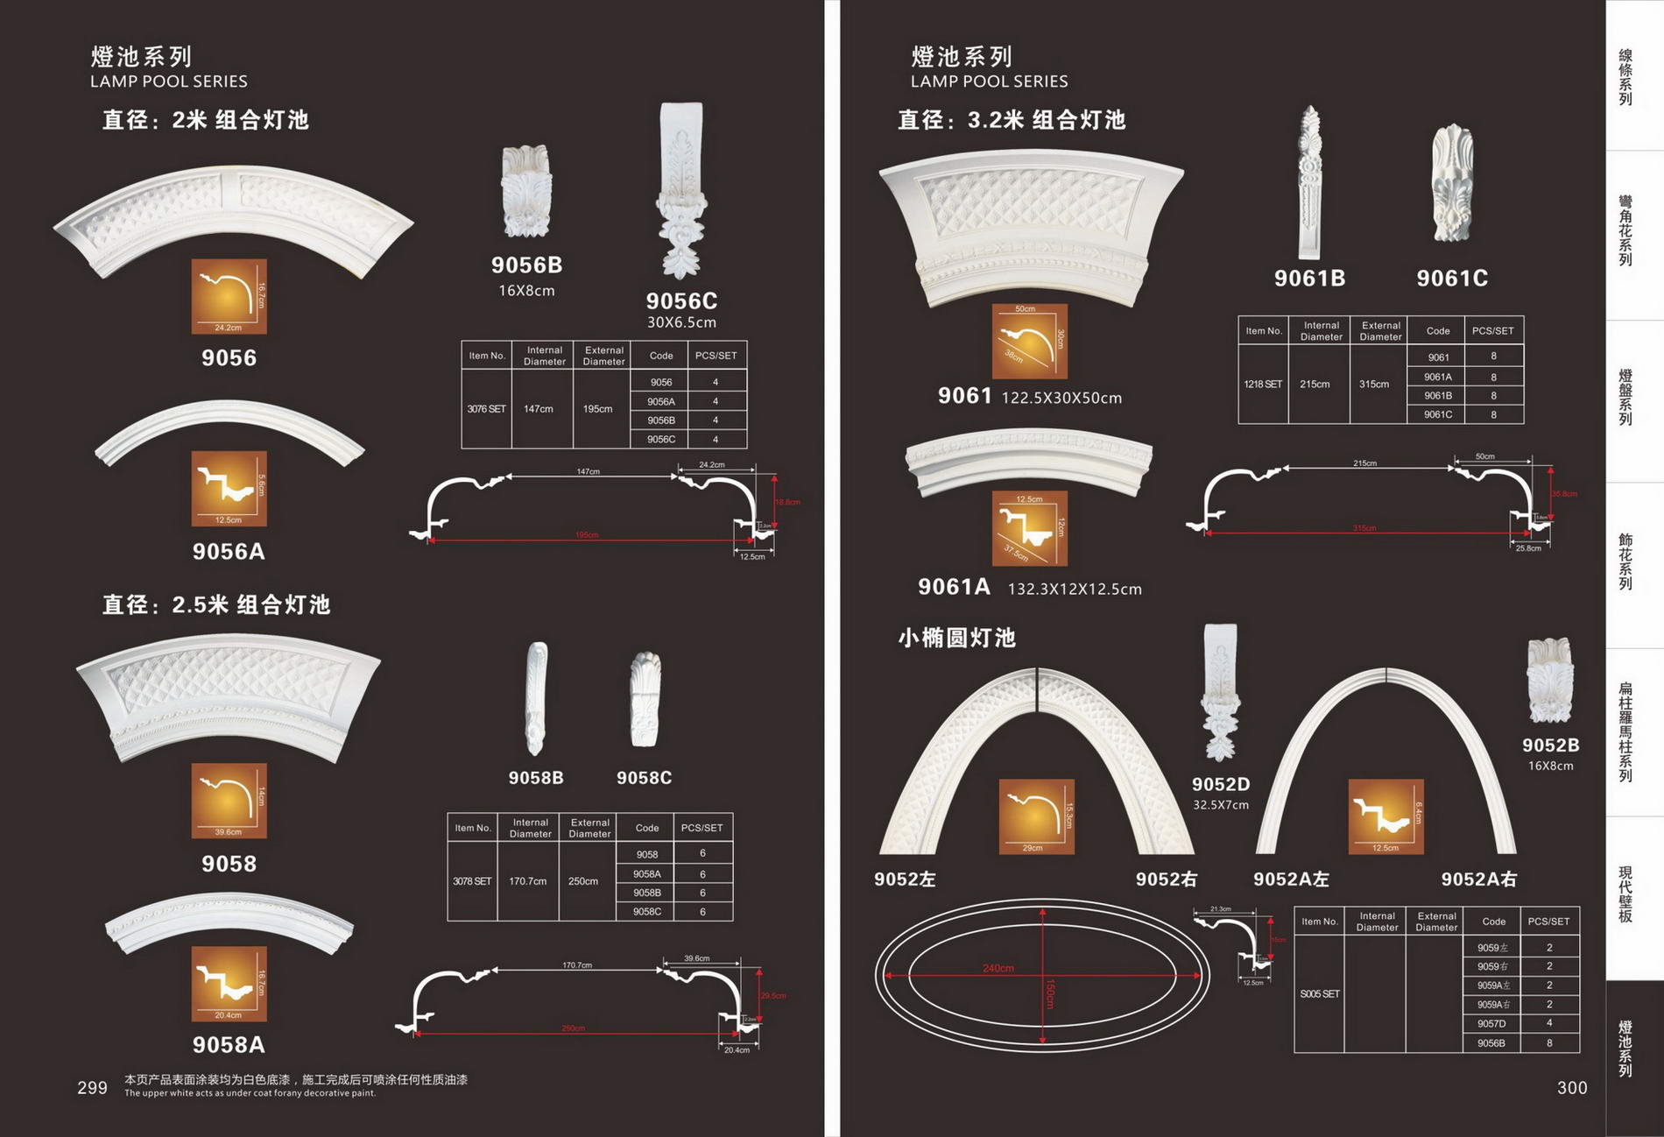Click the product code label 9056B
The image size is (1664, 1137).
point(526,265)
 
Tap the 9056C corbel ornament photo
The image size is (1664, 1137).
point(682,188)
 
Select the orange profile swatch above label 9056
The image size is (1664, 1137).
point(229,296)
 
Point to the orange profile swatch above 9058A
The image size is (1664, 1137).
point(229,984)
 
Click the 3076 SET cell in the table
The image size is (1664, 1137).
point(486,409)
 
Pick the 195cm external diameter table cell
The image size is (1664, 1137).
point(598,409)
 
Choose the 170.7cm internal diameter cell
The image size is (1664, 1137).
point(527,881)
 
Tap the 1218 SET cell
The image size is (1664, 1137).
point(1262,385)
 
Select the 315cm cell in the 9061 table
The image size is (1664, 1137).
point(1374,385)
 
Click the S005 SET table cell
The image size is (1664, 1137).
point(1319,994)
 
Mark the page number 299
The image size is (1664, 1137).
point(92,1088)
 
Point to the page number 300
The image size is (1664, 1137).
point(1571,1088)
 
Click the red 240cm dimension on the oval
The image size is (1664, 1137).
point(998,968)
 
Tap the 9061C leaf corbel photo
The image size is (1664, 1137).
point(1452,183)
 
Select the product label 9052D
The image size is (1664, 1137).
point(1220,784)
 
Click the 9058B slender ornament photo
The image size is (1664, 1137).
point(536,698)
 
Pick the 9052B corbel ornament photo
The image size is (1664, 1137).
point(1549,681)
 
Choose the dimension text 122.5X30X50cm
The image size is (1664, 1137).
point(1061,399)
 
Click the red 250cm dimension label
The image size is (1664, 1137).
point(573,1028)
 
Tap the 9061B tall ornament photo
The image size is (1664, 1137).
point(1309,183)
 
